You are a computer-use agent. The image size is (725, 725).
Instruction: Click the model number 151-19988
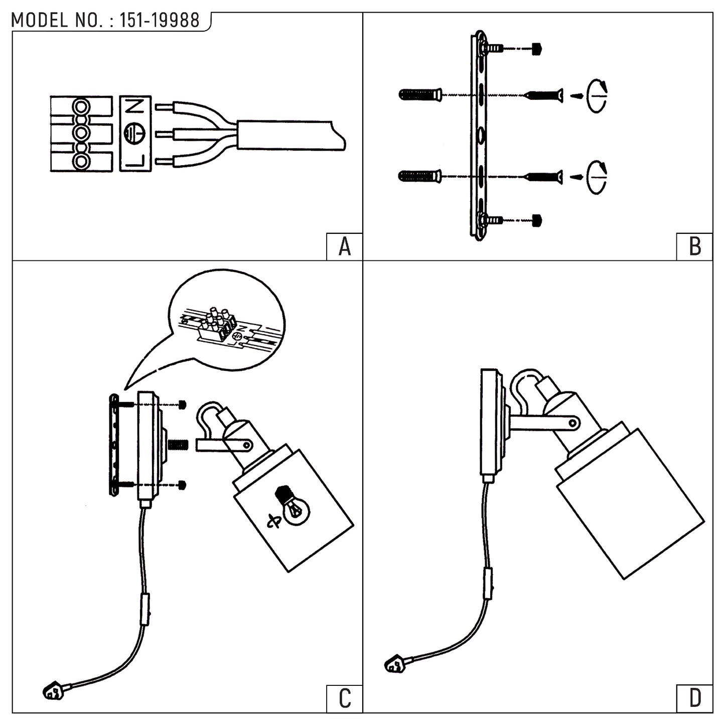[159, 20]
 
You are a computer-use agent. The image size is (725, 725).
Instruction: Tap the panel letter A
[345, 247]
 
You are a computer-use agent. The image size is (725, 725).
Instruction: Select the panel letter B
[695, 247]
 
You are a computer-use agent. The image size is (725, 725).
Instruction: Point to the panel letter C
[345, 699]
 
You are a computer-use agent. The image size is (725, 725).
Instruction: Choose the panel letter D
[695, 699]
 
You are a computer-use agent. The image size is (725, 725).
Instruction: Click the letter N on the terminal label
[134, 107]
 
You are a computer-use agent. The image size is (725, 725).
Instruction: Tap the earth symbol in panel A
[134, 134]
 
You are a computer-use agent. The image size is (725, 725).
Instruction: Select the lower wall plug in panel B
[420, 176]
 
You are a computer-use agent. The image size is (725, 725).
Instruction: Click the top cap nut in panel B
[537, 49]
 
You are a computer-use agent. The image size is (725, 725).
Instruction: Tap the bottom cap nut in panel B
[537, 221]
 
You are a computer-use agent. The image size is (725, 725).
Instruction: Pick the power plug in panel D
[395, 673]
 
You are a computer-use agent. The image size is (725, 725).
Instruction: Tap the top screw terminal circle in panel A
[81, 106]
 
